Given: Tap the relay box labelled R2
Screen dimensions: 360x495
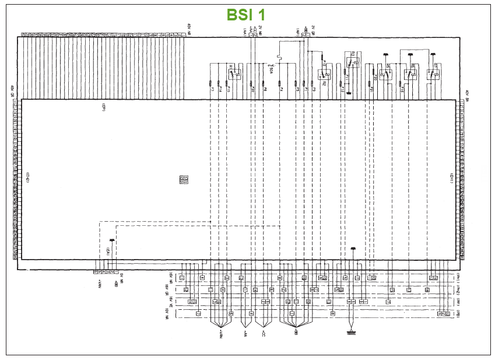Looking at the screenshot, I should pos(324,75).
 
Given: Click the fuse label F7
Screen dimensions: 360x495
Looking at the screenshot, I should pos(211,89).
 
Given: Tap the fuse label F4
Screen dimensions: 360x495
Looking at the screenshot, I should pos(281,90).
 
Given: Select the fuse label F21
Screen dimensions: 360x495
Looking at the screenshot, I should pos(371,90).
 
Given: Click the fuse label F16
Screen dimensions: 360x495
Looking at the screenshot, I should pos(402,90).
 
